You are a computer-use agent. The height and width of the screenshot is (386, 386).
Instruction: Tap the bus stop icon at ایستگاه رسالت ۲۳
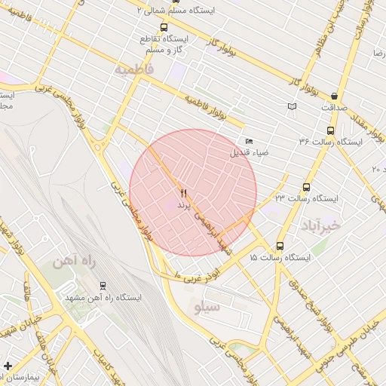306,187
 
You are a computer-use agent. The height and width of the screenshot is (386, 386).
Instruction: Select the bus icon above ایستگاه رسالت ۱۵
280,246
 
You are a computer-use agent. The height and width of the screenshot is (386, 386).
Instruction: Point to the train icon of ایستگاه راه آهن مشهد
103,286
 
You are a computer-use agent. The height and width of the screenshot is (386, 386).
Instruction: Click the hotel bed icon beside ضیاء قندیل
249,141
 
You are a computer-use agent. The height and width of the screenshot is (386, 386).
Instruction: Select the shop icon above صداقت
333,96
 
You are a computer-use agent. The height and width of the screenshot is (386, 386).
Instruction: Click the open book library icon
292,107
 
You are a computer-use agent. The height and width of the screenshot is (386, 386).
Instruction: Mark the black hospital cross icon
8,366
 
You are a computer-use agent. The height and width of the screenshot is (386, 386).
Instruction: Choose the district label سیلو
207,308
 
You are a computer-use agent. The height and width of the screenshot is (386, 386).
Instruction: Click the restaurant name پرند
183,205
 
